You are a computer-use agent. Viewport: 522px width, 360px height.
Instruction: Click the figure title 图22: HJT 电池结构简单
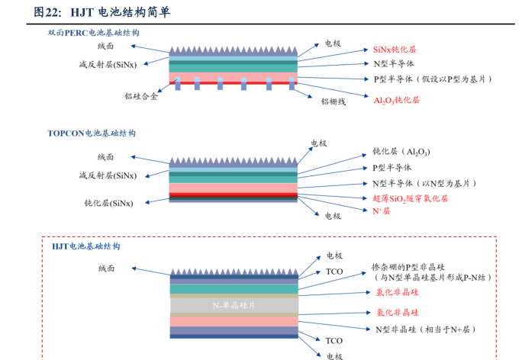point(102,12)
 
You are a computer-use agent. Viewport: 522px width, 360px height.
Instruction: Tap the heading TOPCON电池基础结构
point(92,133)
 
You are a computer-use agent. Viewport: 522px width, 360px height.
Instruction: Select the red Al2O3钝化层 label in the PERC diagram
point(396,100)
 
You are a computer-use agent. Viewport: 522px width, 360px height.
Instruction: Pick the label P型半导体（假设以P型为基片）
point(433,79)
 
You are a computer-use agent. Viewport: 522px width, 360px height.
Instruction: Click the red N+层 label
point(381,211)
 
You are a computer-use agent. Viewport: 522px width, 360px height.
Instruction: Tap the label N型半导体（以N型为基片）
point(424,184)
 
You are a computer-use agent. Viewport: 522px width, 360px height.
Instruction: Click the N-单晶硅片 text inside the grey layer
point(233,305)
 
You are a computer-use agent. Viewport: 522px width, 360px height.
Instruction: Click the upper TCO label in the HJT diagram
point(334,272)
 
